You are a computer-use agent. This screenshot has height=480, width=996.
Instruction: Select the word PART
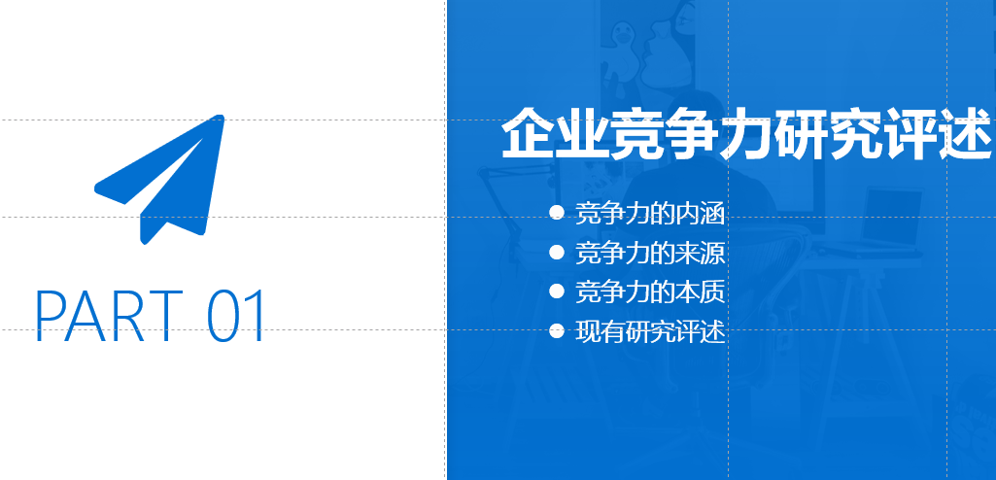[109, 316]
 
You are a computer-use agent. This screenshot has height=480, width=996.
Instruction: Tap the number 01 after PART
[236, 316]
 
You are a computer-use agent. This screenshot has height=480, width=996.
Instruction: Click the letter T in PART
[166, 316]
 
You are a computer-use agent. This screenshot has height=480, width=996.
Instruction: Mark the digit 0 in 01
[223, 316]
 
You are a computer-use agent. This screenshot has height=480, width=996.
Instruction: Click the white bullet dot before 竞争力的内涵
[557, 213]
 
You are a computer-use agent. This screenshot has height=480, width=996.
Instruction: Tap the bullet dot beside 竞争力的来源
[557, 253]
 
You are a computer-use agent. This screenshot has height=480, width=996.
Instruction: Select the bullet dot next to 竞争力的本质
[557, 291]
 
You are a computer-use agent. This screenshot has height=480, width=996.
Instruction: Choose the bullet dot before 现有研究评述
[557, 330]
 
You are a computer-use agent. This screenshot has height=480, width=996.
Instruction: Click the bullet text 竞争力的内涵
[650, 214]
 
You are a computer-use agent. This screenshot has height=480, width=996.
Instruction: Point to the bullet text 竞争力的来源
[650, 253]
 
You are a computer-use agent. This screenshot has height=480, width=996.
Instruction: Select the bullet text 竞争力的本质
[650, 292]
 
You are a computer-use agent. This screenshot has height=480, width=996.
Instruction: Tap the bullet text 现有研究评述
[650, 331]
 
